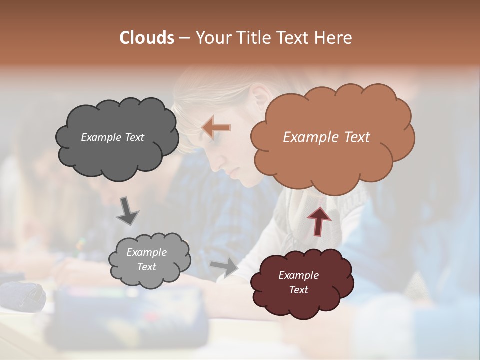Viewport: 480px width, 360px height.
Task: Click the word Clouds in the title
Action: coord(147,38)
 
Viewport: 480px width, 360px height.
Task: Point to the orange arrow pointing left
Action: coord(216,128)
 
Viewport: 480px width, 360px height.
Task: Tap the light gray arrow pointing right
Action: coord(224,268)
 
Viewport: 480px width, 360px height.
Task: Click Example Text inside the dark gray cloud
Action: coord(112,137)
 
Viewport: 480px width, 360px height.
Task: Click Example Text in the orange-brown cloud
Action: coord(326,137)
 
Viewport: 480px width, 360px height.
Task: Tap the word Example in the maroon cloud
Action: coord(298,275)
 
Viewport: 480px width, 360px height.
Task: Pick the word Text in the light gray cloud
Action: coord(147,267)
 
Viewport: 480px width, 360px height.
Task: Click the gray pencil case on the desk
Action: coord(22,296)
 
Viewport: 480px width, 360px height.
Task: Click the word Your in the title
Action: coord(213,38)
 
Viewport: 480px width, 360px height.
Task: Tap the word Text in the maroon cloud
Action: coord(298,290)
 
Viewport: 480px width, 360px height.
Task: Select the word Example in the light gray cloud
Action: coord(146,252)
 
